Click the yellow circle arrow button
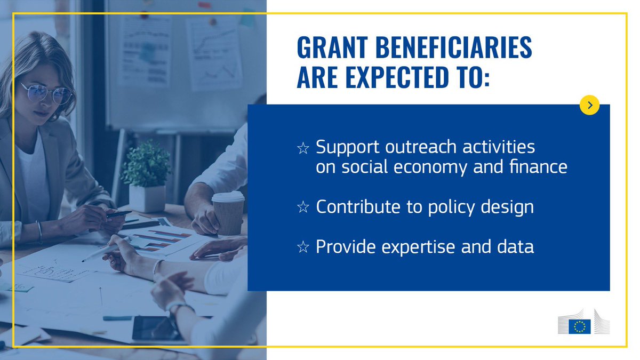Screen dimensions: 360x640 tap(589, 105)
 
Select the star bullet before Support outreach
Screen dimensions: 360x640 tap(303, 148)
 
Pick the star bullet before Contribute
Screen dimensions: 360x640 tap(303, 207)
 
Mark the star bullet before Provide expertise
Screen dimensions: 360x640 tap(303, 247)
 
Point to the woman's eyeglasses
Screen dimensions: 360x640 tap(47, 93)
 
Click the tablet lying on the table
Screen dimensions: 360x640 tap(159, 330)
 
